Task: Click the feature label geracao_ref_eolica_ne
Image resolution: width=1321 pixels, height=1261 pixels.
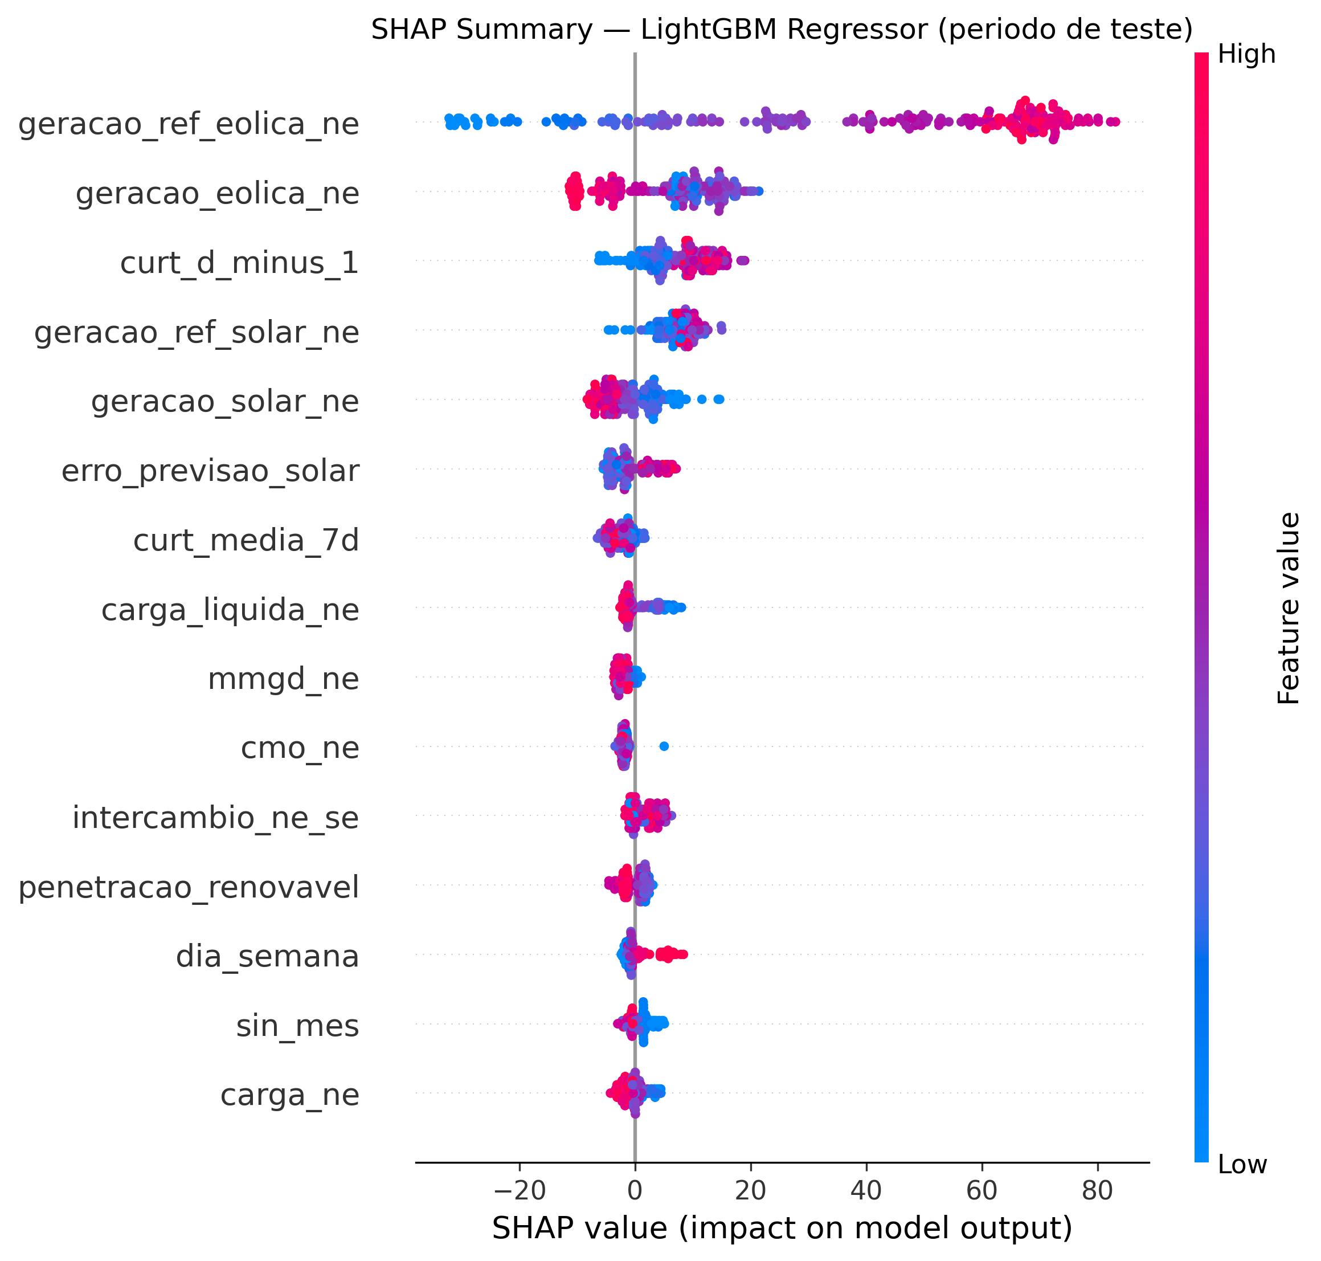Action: (x=188, y=124)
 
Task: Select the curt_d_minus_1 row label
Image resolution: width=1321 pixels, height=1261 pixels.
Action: (x=239, y=263)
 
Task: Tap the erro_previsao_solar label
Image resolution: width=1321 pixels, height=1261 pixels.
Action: (x=210, y=471)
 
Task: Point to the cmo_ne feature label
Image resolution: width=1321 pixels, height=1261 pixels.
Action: (x=300, y=748)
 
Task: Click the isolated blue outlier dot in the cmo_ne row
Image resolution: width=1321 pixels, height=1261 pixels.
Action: (x=664, y=746)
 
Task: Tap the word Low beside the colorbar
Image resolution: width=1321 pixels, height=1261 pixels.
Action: (x=1242, y=1165)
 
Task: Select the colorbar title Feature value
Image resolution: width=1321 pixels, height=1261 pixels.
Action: (x=1288, y=609)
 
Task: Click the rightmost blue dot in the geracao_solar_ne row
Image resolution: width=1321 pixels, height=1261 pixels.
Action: (x=719, y=399)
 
